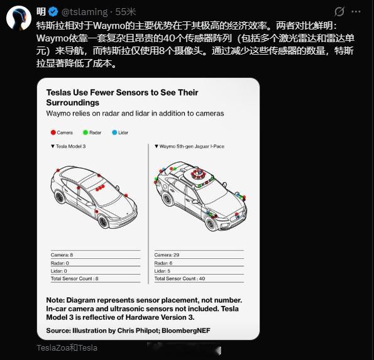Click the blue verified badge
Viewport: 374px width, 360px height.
tap(53, 12)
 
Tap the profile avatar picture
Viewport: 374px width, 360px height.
tap(19, 18)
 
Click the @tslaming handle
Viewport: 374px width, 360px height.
tap(84, 12)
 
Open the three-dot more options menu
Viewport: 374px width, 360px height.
tap(356, 12)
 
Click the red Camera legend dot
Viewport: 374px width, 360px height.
tap(53, 133)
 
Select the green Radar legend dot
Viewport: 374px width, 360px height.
tap(85, 133)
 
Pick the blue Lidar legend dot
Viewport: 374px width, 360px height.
tap(114, 133)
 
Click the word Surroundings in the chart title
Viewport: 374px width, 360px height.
tap(73, 102)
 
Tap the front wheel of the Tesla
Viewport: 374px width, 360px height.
tap(103, 222)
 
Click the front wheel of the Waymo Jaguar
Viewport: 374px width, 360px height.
tap(211, 224)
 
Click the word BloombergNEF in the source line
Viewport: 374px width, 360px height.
tap(186, 330)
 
